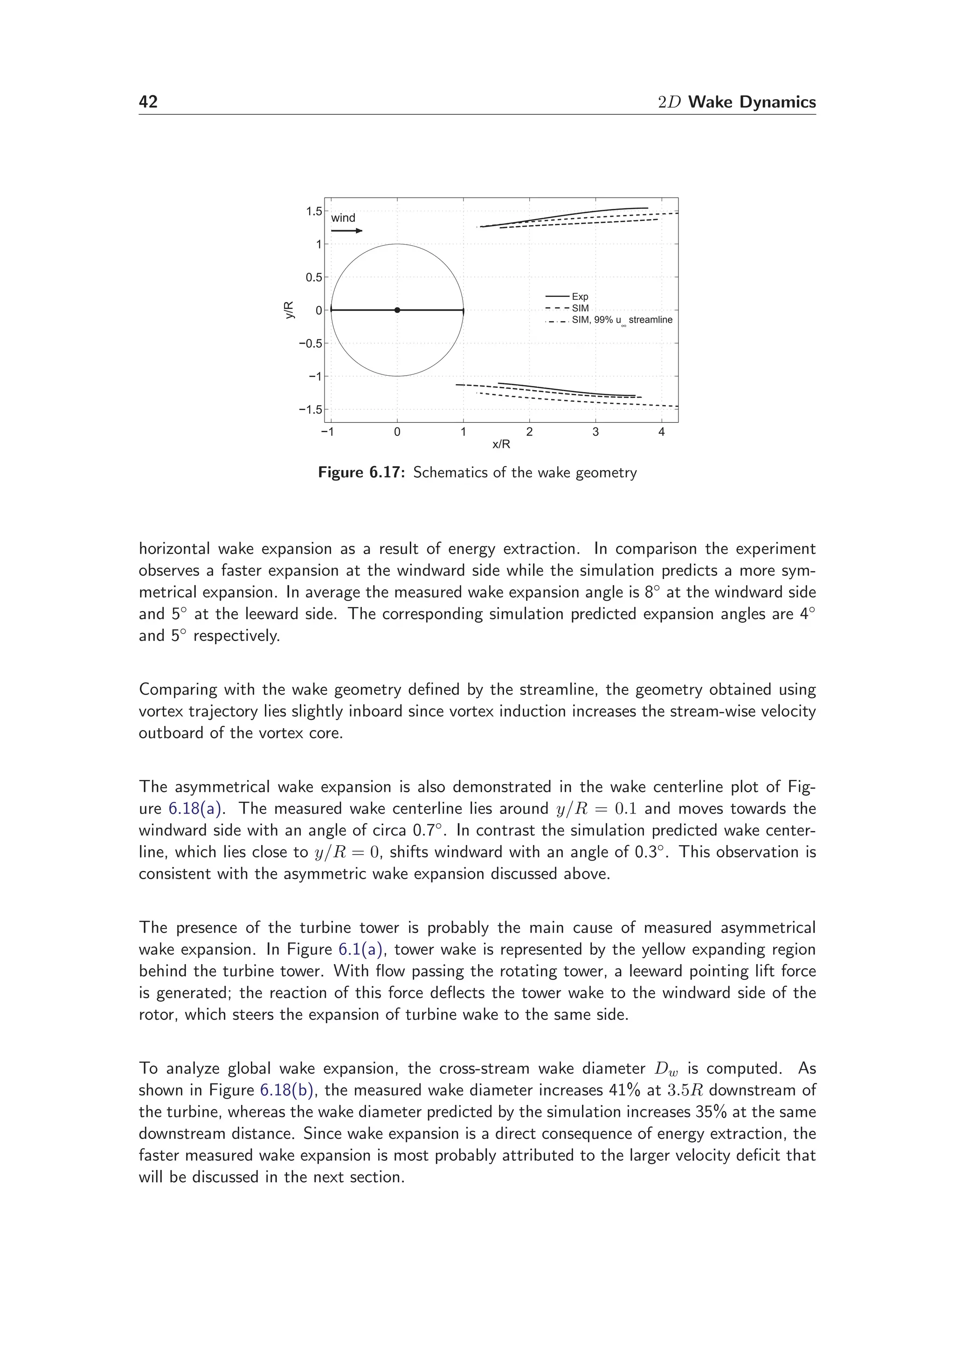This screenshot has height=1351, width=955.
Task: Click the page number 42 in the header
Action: [x=148, y=103]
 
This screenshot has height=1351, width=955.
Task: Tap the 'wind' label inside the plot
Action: [x=343, y=218]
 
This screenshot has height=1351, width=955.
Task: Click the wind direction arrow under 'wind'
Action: [x=346, y=231]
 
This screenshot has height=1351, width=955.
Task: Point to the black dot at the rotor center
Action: [x=397, y=310]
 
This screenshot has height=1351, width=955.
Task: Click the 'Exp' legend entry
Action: [x=580, y=297]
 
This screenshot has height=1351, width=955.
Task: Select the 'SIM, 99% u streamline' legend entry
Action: [x=622, y=320]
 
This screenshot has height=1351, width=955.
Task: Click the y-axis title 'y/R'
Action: [x=289, y=310]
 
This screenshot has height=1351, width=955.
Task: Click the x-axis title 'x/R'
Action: [x=501, y=444]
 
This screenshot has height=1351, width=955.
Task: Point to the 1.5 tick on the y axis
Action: [x=314, y=211]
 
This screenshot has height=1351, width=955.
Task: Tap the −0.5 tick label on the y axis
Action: [x=310, y=344]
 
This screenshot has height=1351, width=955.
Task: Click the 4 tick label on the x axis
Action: [x=661, y=433]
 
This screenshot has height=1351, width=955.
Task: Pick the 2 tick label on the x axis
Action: [x=529, y=433]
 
